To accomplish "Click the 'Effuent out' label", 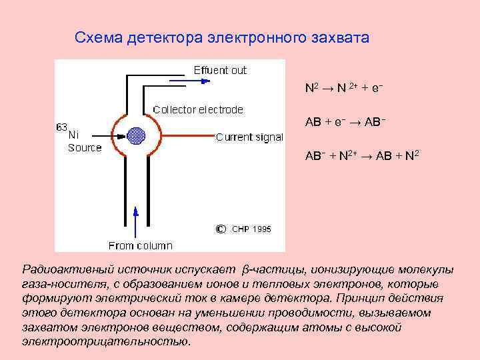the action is (220, 70).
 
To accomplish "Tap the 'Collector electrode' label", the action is (198, 109).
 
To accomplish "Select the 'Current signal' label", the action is (249, 137).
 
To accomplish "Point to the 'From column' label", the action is (140, 246).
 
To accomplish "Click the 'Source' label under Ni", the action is (85, 148).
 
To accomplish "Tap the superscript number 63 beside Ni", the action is (61, 126).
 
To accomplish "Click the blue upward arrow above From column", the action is (136, 220).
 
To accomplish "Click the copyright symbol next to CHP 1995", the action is (221, 229).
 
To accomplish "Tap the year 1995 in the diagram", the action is (261, 229).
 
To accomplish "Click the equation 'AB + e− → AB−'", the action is (345, 123).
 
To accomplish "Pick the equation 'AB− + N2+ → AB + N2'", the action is (362, 156).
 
